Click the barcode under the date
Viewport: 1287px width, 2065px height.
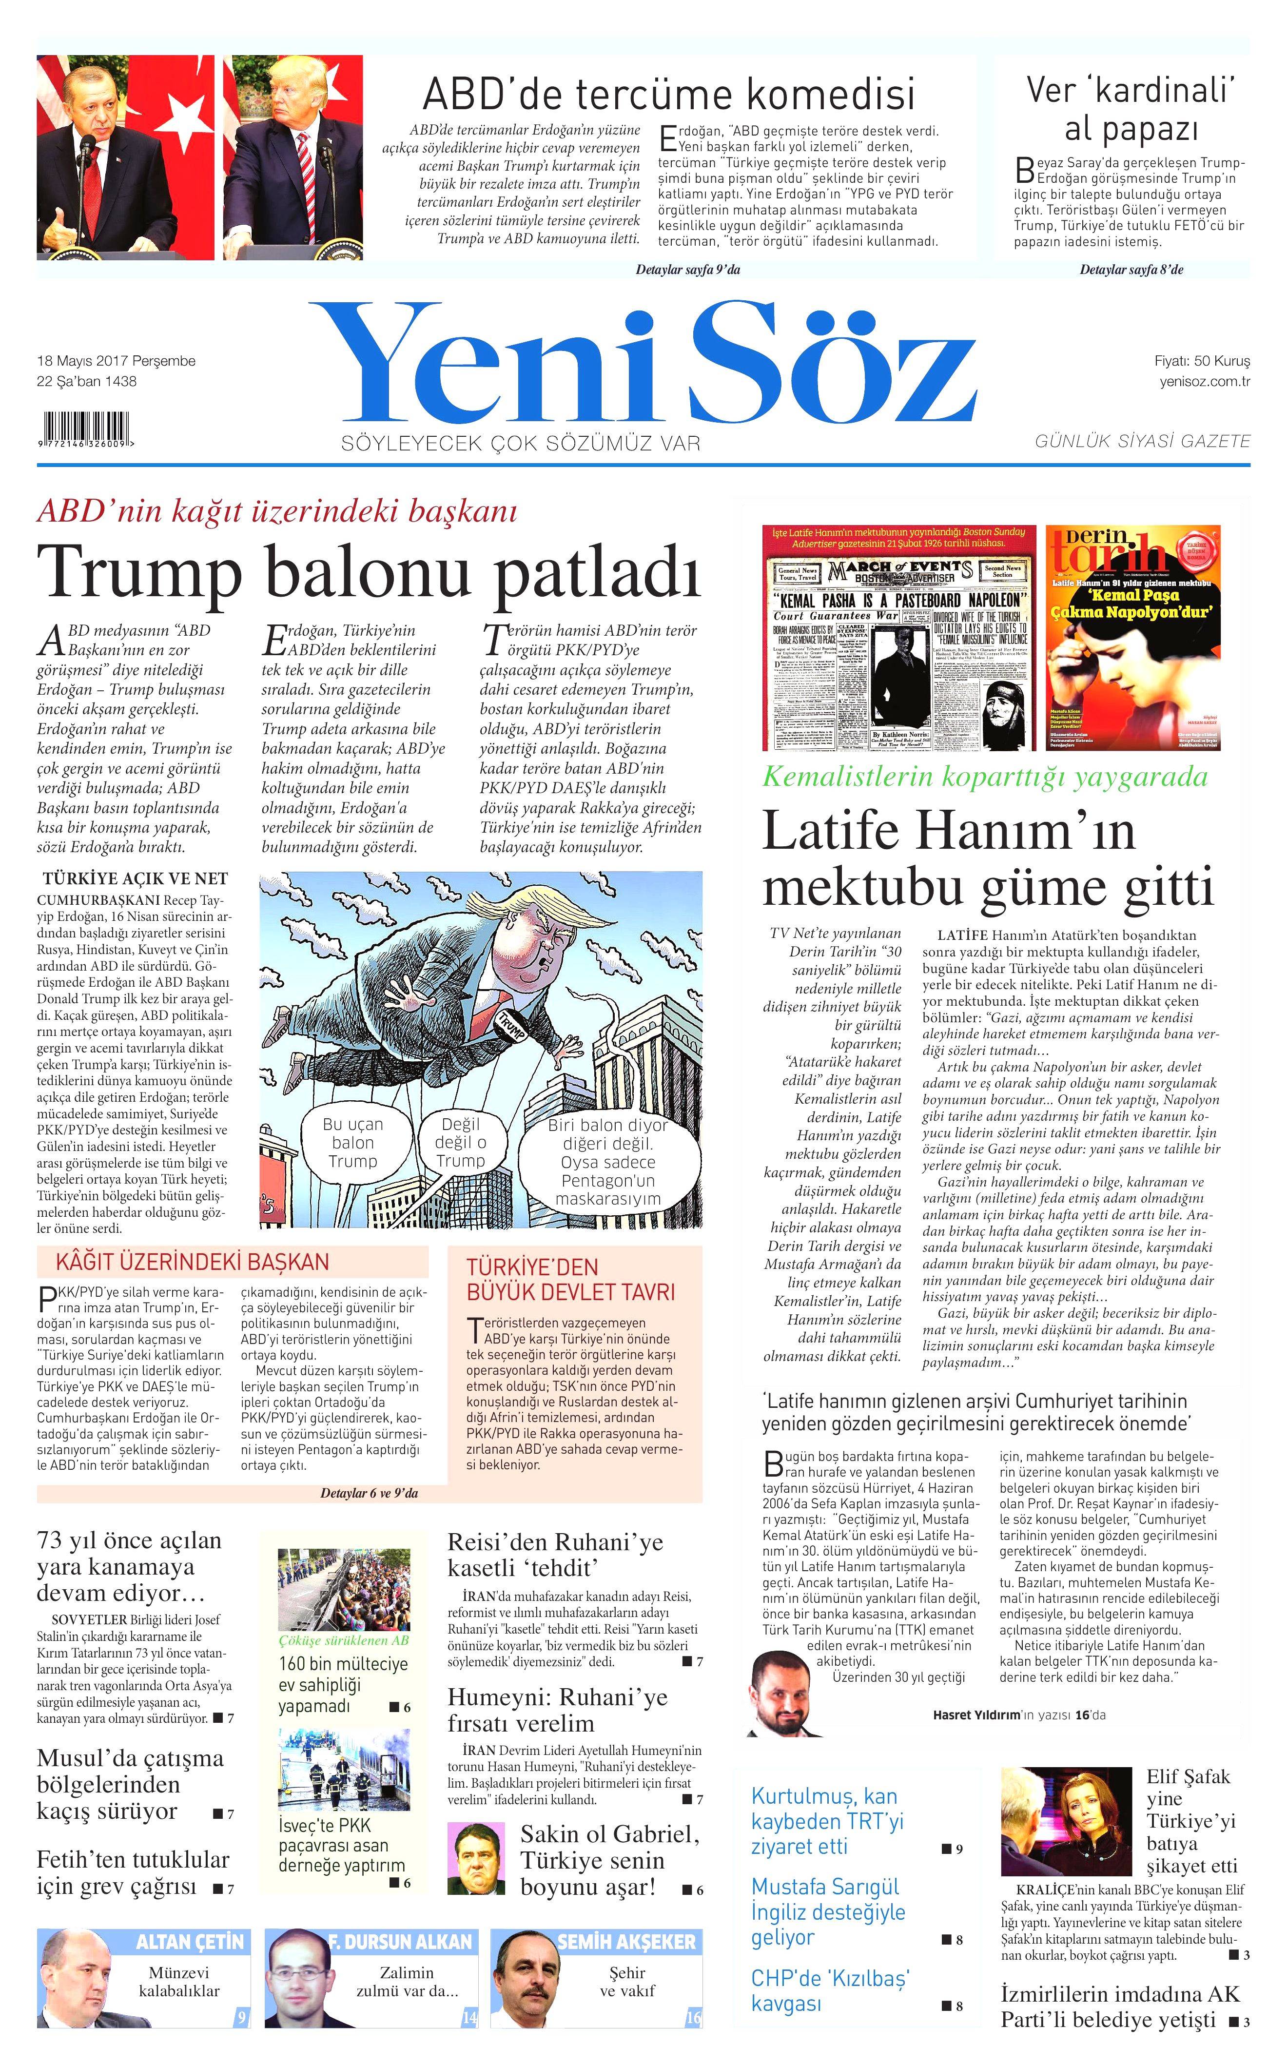(x=85, y=428)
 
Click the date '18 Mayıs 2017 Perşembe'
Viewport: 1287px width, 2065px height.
(x=116, y=361)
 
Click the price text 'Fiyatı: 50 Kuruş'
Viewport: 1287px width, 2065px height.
(x=1201, y=361)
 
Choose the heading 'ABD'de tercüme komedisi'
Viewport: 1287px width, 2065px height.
(x=668, y=94)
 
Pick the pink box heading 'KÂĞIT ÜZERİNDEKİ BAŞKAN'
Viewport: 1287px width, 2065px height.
(x=193, y=1262)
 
